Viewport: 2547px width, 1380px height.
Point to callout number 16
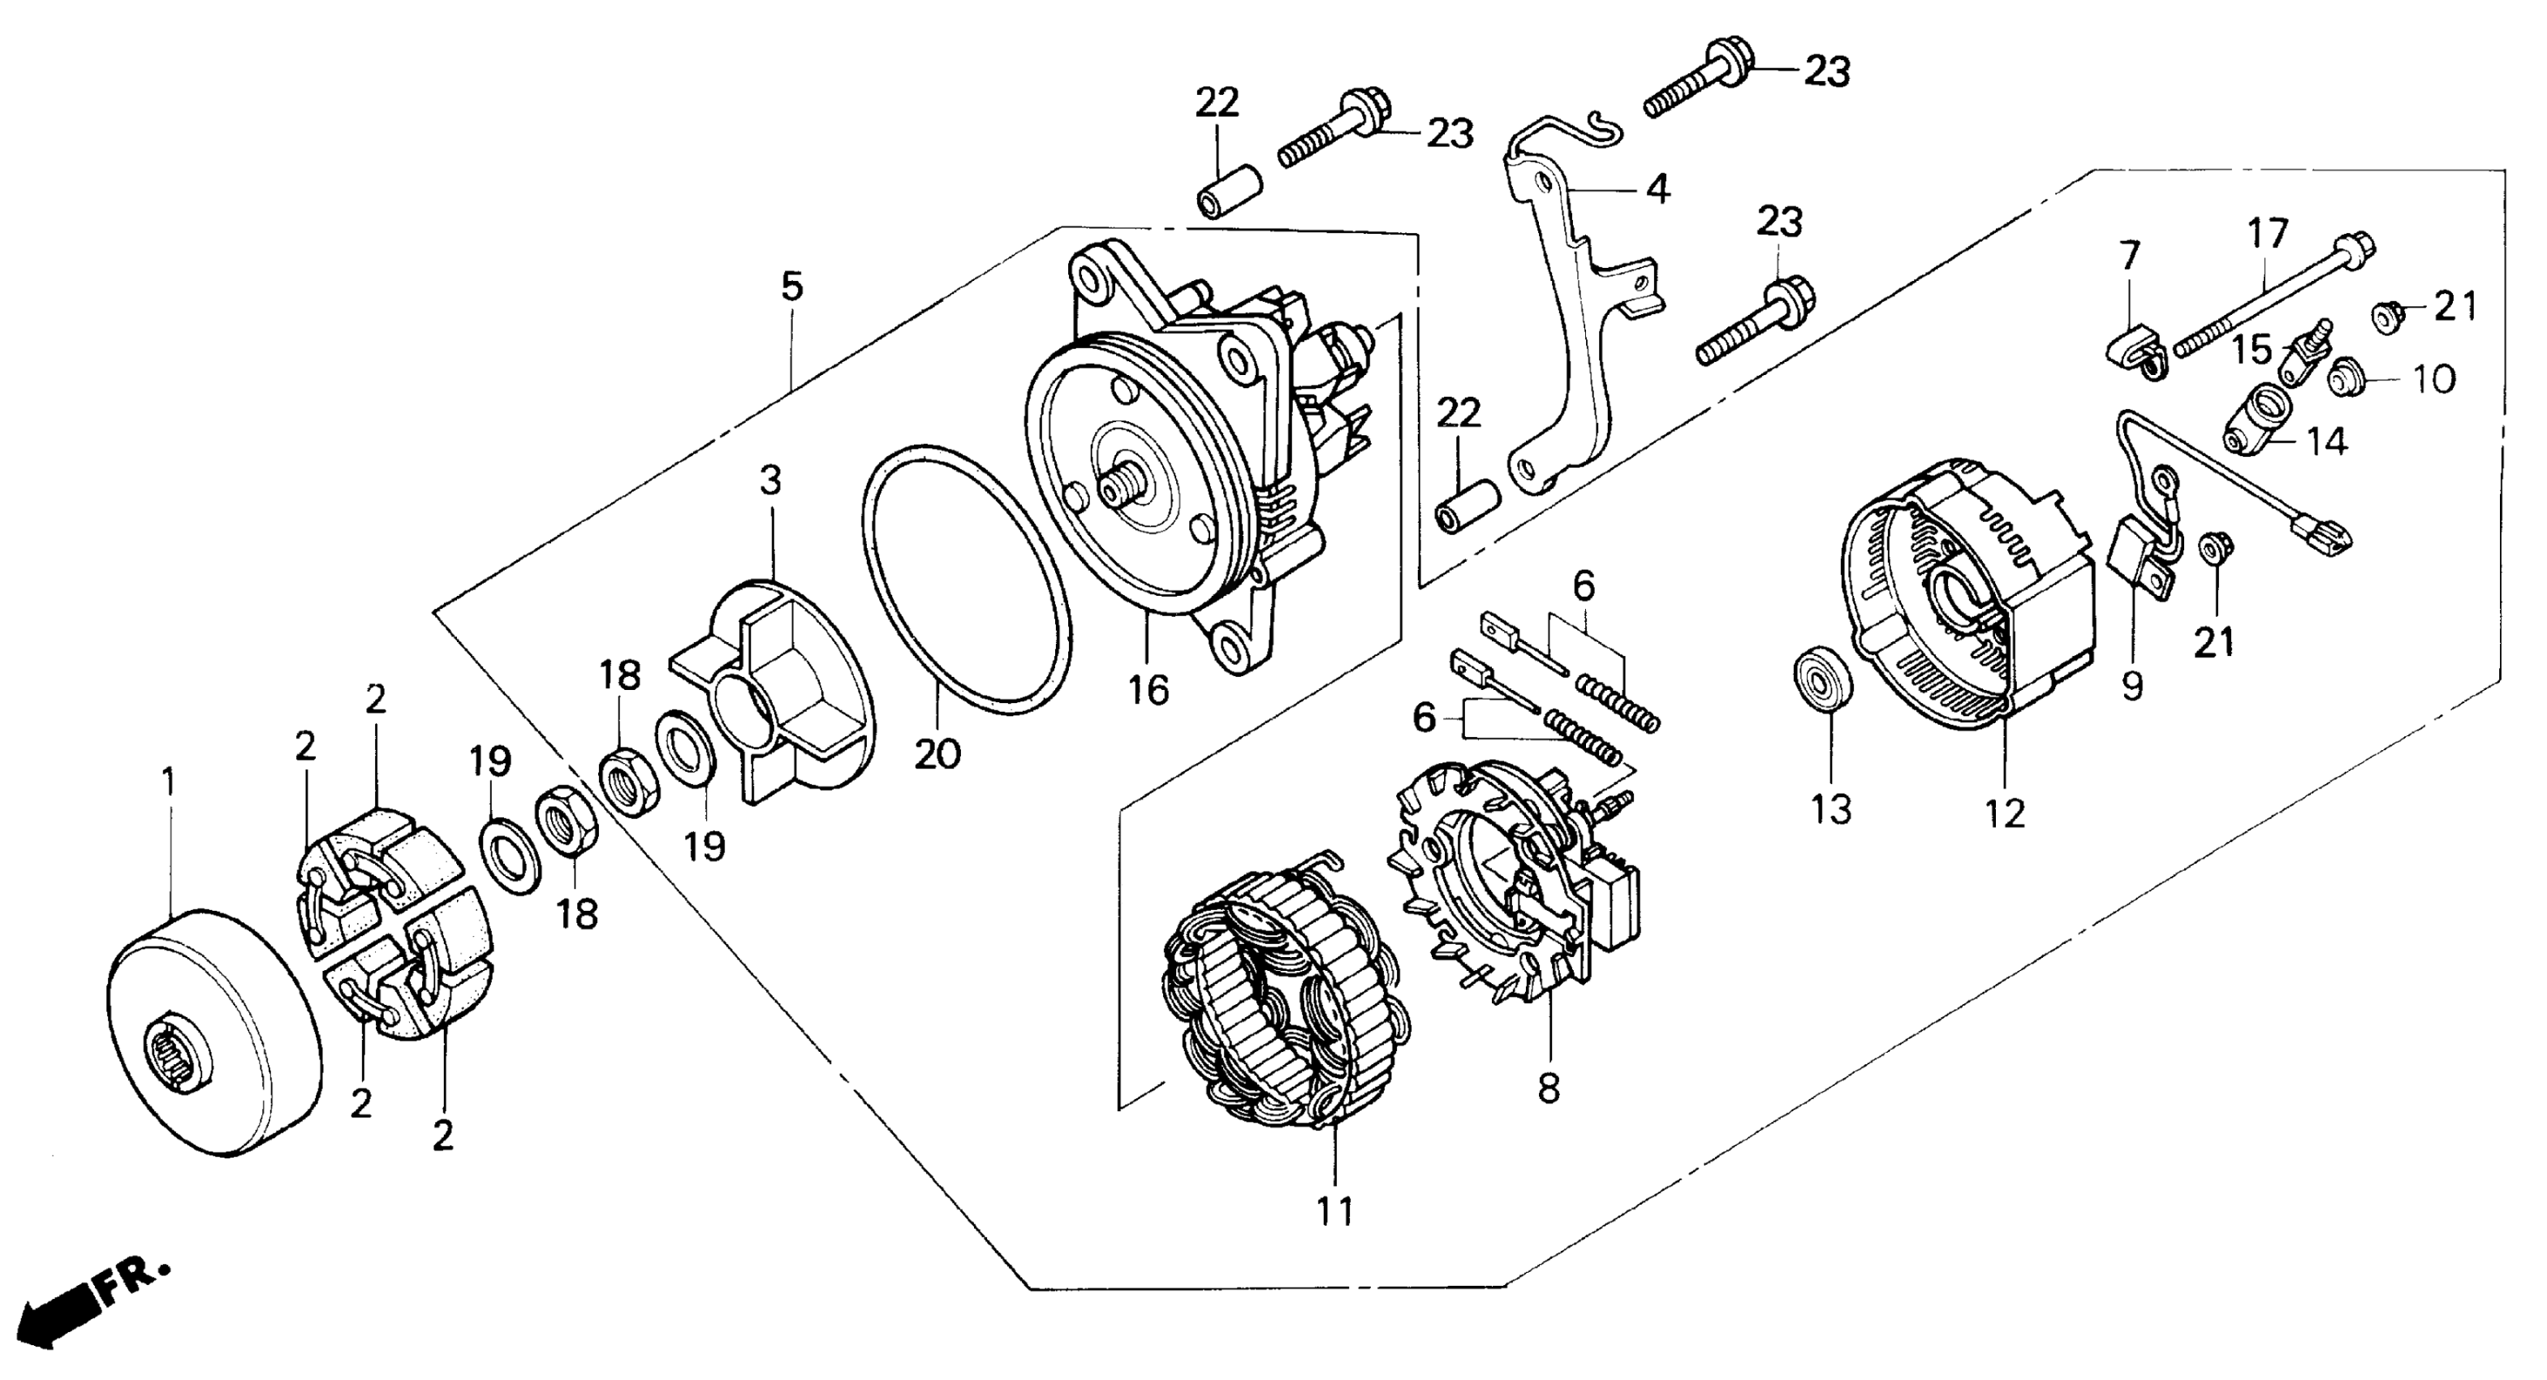point(1149,689)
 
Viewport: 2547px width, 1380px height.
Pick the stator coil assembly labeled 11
point(1286,998)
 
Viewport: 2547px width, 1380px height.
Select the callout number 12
point(2006,813)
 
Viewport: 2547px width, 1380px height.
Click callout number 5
point(792,286)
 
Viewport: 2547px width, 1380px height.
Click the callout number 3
point(770,481)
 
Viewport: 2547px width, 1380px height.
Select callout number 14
point(2328,441)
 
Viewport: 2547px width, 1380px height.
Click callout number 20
point(937,754)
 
